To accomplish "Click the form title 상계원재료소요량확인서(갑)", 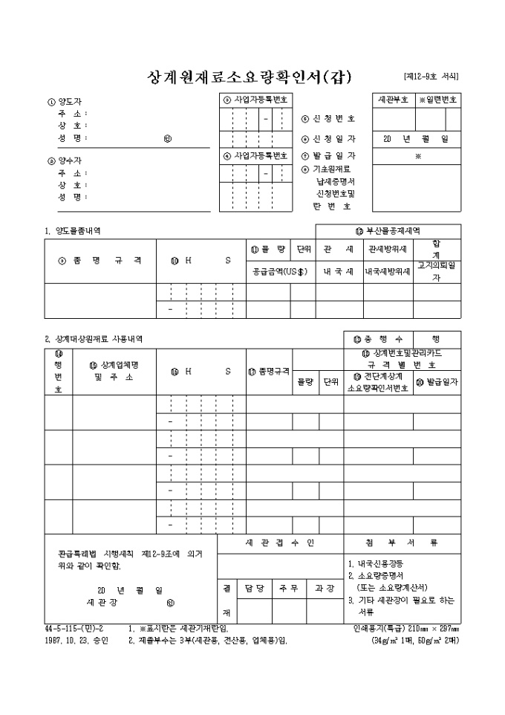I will tap(250, 77).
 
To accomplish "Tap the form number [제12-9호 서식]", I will tap(431, 76).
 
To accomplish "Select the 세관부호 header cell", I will tap(393, 100).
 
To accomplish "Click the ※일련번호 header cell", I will tap(438, 100).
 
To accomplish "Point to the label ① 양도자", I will tap(64, 103).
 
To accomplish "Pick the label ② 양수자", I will tap(64, 160).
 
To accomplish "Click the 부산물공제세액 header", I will tap(388, 230).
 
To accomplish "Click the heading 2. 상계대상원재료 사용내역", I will tap(94, 339).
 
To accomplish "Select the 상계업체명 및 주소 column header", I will tap(114, 371).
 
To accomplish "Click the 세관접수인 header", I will tap(279, 543).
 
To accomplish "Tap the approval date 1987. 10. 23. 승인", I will tap(76, 640).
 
